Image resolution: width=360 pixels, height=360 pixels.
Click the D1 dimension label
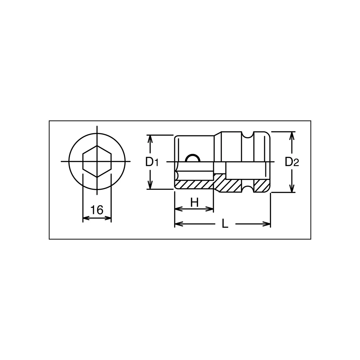[x=152, y=162]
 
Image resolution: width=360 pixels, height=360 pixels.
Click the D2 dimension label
[x=292, y=162]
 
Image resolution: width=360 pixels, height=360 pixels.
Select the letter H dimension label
[x=194, y=202]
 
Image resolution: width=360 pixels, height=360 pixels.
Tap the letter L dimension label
[x=225, y=223]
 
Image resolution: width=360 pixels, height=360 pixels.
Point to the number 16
[x=97, y=210]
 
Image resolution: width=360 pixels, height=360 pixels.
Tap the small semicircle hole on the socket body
[x=192, y=158]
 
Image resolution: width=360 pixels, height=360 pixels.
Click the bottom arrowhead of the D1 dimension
[x=150, y=185]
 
